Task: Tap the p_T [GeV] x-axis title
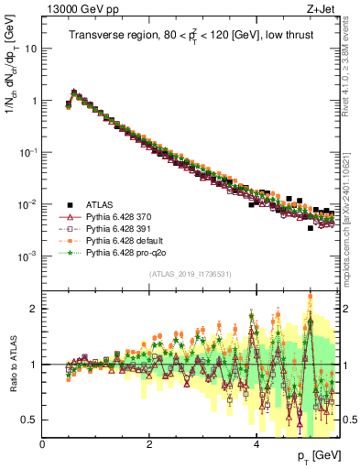314,455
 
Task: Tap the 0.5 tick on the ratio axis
30,420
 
